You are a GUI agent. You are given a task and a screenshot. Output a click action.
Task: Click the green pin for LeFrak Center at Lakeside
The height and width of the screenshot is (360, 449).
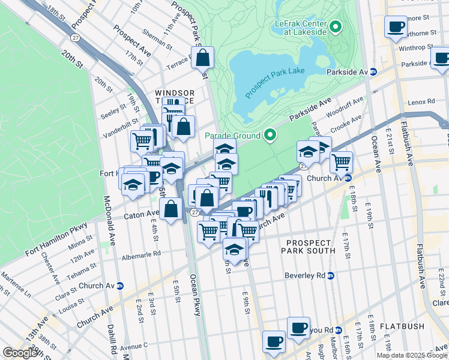335,27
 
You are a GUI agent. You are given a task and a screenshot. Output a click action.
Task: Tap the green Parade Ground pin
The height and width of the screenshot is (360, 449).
270,136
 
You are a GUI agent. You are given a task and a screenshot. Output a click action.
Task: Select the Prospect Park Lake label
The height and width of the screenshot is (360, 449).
275,82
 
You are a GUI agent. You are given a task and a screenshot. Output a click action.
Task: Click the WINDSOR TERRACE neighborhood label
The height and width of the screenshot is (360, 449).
175,98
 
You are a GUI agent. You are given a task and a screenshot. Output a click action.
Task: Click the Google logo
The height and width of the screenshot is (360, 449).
20,353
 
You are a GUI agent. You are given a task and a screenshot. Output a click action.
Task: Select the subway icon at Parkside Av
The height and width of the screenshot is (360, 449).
373,71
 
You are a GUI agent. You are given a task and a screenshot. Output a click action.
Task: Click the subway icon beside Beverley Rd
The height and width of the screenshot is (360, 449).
330,275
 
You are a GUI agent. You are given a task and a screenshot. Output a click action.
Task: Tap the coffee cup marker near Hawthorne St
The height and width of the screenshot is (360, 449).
396,28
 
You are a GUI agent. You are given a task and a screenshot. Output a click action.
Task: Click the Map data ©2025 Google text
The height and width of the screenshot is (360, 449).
412,355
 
